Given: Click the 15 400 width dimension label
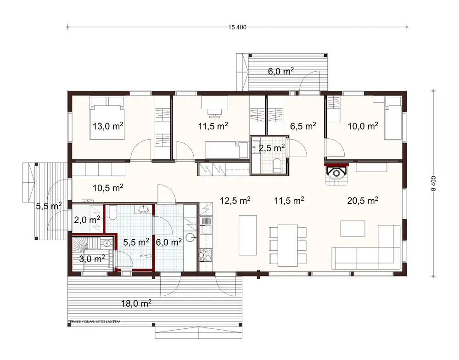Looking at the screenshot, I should click(237, 27).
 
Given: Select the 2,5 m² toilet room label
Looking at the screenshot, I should click(272, 148).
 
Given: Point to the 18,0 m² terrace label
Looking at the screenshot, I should click(137, 303).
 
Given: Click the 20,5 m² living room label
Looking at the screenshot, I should click(363, 200).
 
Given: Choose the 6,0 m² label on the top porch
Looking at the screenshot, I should click(281, 72).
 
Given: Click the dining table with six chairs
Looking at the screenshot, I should click(287, 245).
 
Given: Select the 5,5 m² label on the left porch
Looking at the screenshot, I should click(49, 207).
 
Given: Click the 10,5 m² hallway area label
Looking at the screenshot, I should click(107, 187).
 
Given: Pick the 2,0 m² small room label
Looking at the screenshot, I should click(87, 220).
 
